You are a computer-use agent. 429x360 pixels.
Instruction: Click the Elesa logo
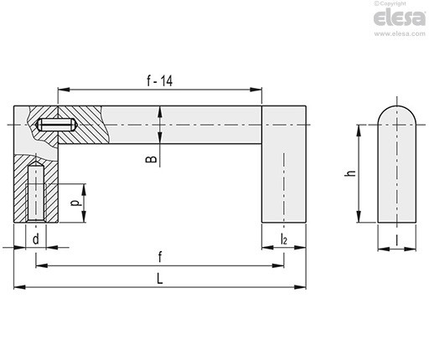[400, 18]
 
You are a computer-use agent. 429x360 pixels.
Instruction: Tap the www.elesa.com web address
[400, 33]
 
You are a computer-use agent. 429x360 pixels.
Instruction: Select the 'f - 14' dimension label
[160, 80]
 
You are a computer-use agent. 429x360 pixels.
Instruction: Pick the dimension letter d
[36, 239]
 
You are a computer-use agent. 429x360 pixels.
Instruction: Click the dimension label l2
[283, 239]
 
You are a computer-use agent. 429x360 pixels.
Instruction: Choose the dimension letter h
[350, 173]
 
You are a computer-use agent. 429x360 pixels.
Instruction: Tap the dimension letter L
[159, 279]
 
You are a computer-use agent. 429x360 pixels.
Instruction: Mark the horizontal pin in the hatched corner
[56, 125]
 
